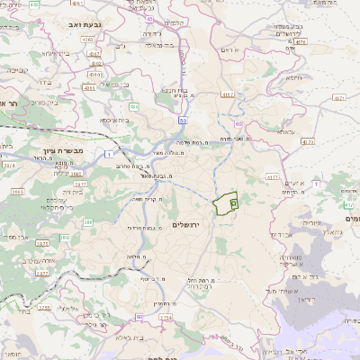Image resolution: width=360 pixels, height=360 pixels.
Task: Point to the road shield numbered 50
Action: point(183,120)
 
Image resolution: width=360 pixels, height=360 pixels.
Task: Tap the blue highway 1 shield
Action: point(109,156)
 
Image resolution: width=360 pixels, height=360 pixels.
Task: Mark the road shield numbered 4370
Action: point(309,140)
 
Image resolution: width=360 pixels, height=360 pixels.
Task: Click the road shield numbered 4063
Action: point(87,89)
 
